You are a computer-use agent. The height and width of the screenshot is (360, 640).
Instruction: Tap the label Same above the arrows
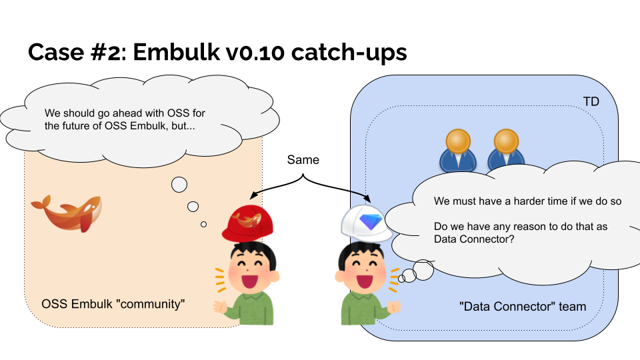coord(303,160)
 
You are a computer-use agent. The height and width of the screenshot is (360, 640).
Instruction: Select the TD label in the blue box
coord(591,102)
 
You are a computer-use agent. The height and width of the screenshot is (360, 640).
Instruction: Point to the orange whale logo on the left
coord(67,213)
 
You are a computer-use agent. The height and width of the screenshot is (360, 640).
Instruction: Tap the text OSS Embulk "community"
coord(113,304)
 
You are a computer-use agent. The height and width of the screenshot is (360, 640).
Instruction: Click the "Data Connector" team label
coord(522,307)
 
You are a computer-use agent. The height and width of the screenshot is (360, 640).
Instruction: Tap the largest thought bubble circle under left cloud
coord(179,185)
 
